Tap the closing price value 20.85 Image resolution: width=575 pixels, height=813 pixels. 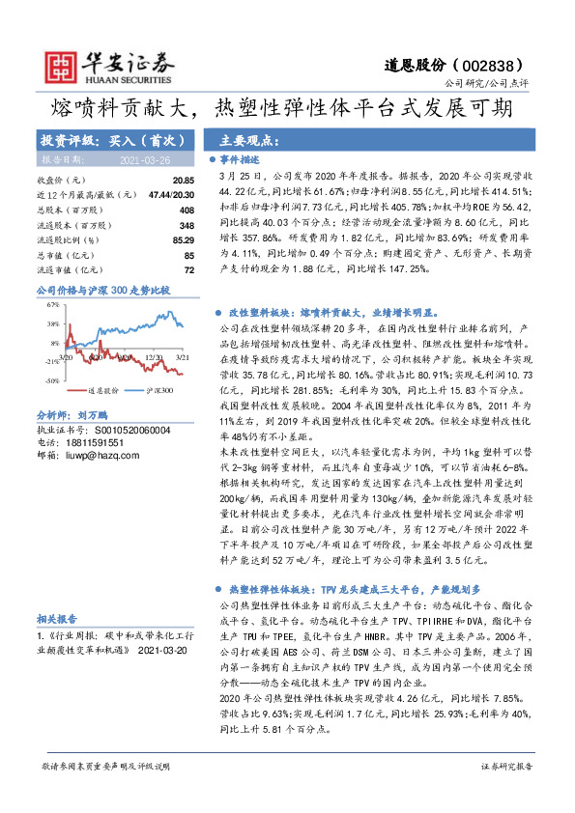pyautogui.click(x=184, y=181)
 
